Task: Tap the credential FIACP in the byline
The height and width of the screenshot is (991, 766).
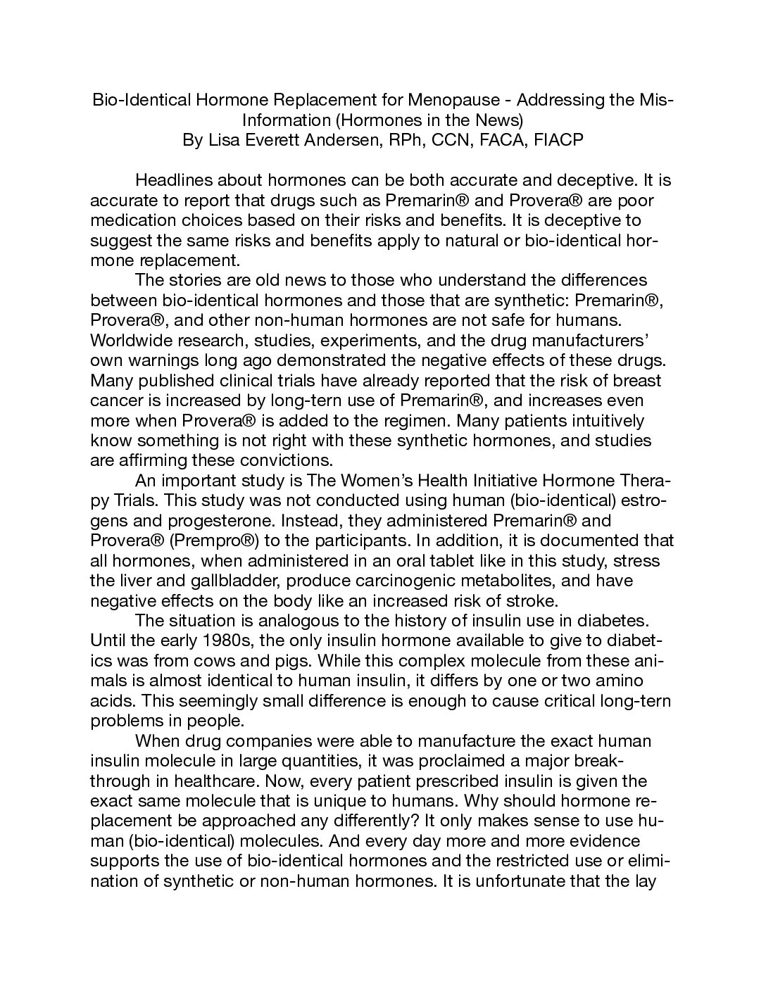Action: coord(559,140)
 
